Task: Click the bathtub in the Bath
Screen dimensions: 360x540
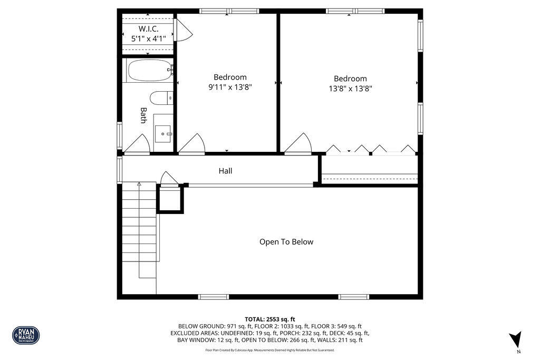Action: pyautogui.click(x=149, y=70)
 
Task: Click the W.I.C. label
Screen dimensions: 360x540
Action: pyautogui.click(x=148, y=28)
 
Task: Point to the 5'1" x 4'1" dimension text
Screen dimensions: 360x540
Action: pyautogui.click(x=148, y=38)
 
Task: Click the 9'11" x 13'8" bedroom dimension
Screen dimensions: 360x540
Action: pyautogui.click(x=229, y=87)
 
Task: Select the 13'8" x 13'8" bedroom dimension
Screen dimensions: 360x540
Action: pyautogui.click(x=350, y=89)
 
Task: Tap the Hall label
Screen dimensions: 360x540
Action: pyautogui.click(x=225, y=171)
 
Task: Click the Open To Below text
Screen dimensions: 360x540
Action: pyautogui.click(x=286, y=242)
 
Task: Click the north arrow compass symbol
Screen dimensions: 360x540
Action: pyautogui.click(x=515, y=339)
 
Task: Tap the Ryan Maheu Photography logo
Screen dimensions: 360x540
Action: pyautogui.click(x=26, y=335)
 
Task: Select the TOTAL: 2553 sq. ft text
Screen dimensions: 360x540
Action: pyautogui.click(x=269, y=319)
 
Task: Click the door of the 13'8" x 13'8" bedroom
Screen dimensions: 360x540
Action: pyautogui.click(x=298, y=144)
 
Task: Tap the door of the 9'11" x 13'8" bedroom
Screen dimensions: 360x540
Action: pyautogui.click(x=192, y=145)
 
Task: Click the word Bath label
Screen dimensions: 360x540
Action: pyautogui.click(x=143, y=115)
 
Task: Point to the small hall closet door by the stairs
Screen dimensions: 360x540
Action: pyautogui.click(x=169, y=180)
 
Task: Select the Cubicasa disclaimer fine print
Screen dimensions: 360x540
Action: pyautogui.click(x=269, y=350)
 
